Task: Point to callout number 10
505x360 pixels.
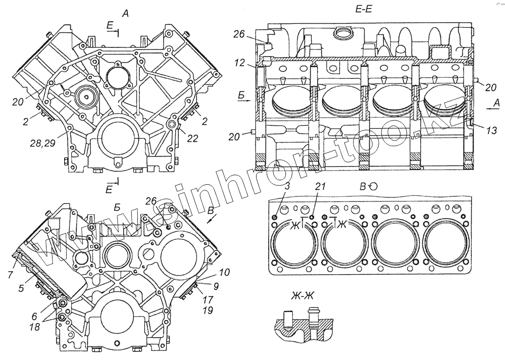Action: [x=225, y=272]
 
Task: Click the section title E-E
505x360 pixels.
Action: [x=363, y=9]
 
